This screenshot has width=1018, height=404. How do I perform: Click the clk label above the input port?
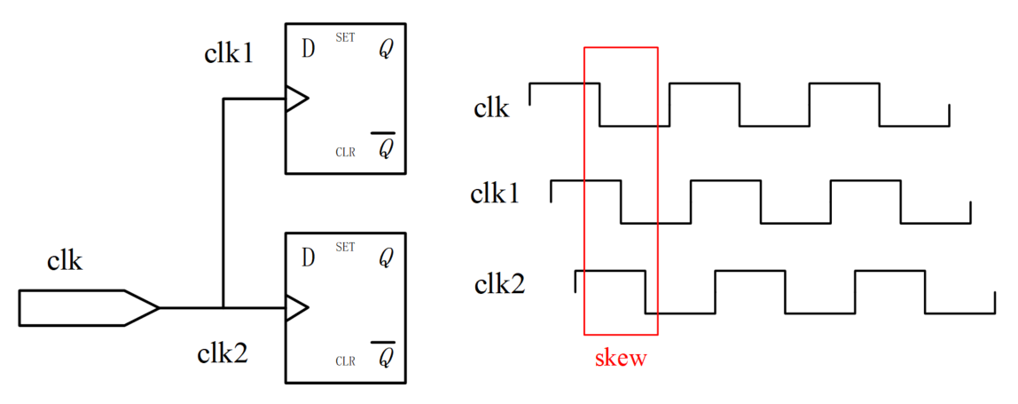[x=65, y=261]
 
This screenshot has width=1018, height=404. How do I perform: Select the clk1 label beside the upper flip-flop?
[x=229, y=55]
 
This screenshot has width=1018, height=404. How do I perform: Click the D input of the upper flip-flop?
[x=308, y=50]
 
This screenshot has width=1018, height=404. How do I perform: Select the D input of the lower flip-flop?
[x=308, y=258]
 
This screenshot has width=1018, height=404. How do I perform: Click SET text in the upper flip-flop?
[x=345, y=38]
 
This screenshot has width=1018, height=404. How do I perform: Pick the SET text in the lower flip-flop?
[x=345, y=247]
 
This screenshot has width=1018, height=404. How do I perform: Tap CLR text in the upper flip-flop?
[x=345, y=152]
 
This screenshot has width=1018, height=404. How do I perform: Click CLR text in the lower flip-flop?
[x=345, y=361]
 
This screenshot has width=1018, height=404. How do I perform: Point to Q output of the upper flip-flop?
[x=385, y=50]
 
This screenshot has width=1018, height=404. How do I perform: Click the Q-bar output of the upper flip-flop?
[x=385, y=147]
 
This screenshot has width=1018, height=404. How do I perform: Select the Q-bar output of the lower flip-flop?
[x=385, y=357]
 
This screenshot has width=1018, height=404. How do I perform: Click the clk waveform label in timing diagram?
[x=491, y=108]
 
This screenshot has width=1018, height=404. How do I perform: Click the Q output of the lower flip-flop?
[x=385, y=259]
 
